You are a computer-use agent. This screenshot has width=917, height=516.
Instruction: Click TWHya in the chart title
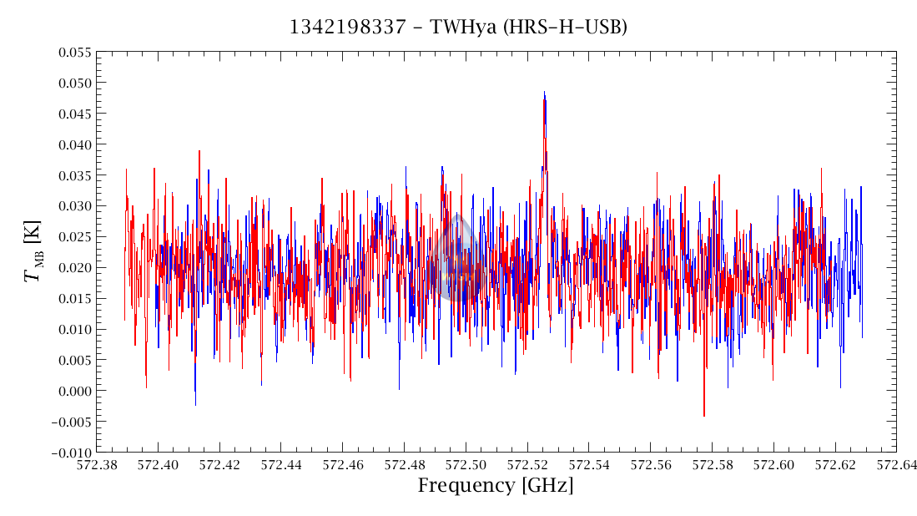[461, 28]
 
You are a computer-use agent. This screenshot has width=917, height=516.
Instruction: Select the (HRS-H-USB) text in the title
[566, 28]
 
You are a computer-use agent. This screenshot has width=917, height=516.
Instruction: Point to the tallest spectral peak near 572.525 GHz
[544, 94]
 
